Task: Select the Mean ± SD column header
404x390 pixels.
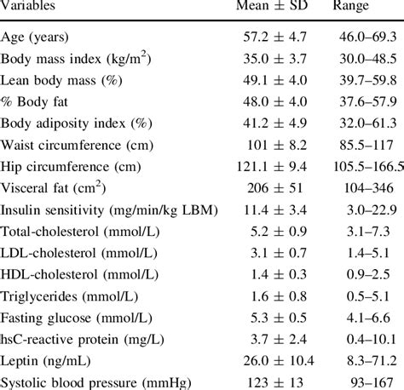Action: tap(268, 7)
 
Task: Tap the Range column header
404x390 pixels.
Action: tap(351, 7)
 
